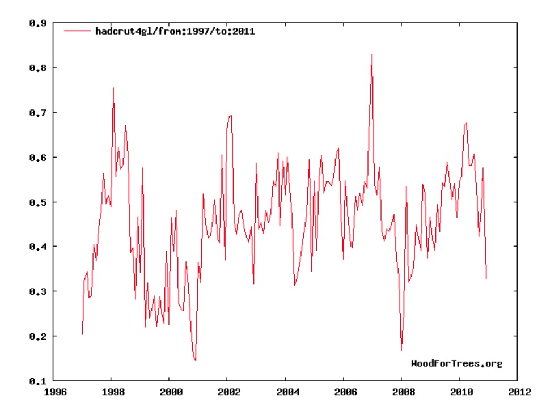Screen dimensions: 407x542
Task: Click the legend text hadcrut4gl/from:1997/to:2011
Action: (176, 32)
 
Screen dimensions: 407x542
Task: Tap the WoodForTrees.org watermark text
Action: (456, 363)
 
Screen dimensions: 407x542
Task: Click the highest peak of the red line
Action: (372, 54)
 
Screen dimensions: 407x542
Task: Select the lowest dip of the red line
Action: (195, 360)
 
